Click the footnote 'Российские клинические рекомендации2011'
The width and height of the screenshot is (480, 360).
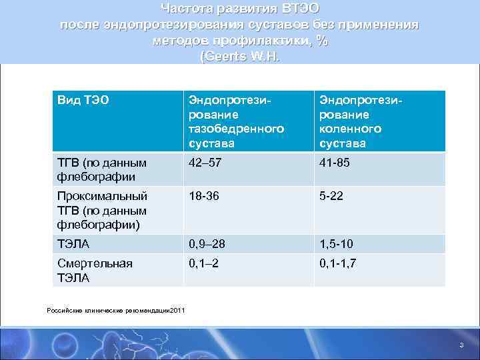pos(116,309)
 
